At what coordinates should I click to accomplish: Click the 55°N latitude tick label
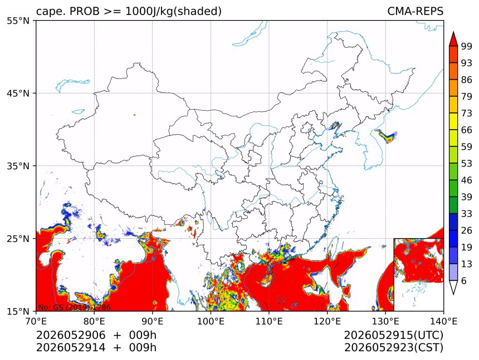click(18, 21)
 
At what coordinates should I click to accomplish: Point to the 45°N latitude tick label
click(18, 93)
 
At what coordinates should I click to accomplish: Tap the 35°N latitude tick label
click(18, 166)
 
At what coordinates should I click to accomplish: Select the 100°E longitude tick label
click(211, 321)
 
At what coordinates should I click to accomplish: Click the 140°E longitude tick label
click(443, 321)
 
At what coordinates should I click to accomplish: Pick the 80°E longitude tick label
click(94, 321)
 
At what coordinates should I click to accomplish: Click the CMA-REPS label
click(415, 11)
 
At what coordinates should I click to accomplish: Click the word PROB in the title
click(85, 11)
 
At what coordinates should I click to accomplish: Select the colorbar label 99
click(467, 46)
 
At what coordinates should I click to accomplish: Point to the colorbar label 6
click(464, 280)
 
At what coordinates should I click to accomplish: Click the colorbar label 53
click(467, 164)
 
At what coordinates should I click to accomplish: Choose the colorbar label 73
click(467, 114)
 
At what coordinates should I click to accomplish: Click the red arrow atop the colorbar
click(453, 40)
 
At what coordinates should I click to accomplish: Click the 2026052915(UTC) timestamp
click(394, 336)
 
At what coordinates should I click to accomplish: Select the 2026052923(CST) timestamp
click(394, 348)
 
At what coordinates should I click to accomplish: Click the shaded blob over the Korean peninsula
click(387, 136)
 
